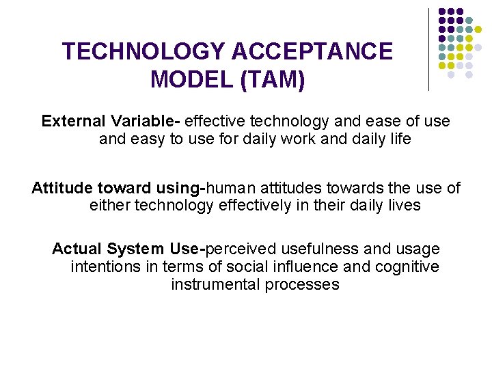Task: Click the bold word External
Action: (x=73, y=122)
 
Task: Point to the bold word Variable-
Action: (x=144, y=122)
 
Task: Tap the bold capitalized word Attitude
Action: (x=62, y=188)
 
